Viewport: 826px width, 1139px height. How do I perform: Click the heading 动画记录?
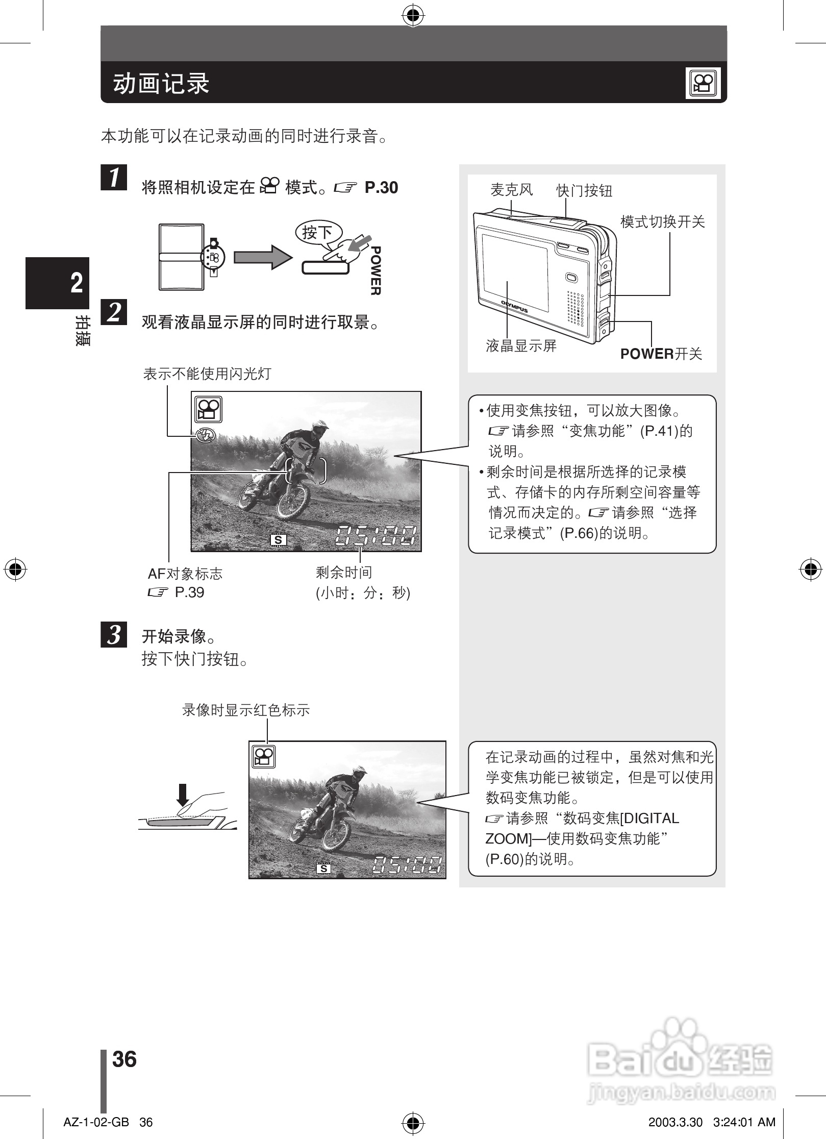coord(161,83)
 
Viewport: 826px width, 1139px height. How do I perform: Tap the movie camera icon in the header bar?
coord(703,83)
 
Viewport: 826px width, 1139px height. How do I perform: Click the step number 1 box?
coord(114,177)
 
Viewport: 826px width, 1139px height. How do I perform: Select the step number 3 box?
coord(114,634)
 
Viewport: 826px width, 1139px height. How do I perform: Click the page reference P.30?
coord(381,188)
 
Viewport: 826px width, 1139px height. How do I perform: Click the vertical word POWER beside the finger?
coord(376,270)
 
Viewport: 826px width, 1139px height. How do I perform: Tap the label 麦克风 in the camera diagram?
coord(511,190)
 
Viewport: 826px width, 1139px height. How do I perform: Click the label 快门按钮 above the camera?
coord(584,191)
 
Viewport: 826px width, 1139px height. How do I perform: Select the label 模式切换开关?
coord(662,221)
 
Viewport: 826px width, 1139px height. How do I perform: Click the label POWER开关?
coord(661,354)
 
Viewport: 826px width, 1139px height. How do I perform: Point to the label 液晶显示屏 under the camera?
coord(521,346)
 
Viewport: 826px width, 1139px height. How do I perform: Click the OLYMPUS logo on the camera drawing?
coord(514,306)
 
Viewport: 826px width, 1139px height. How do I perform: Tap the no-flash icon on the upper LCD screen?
coord(206,435)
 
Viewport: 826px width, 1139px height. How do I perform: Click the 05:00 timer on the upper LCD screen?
coord(376,536)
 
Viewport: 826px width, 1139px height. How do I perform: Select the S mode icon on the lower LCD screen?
coord(323,869)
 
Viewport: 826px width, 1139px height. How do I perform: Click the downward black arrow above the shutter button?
coord(183,794)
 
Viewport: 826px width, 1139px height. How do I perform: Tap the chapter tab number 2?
coord(77,282)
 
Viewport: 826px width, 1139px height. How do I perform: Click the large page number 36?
coord(124,1059)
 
